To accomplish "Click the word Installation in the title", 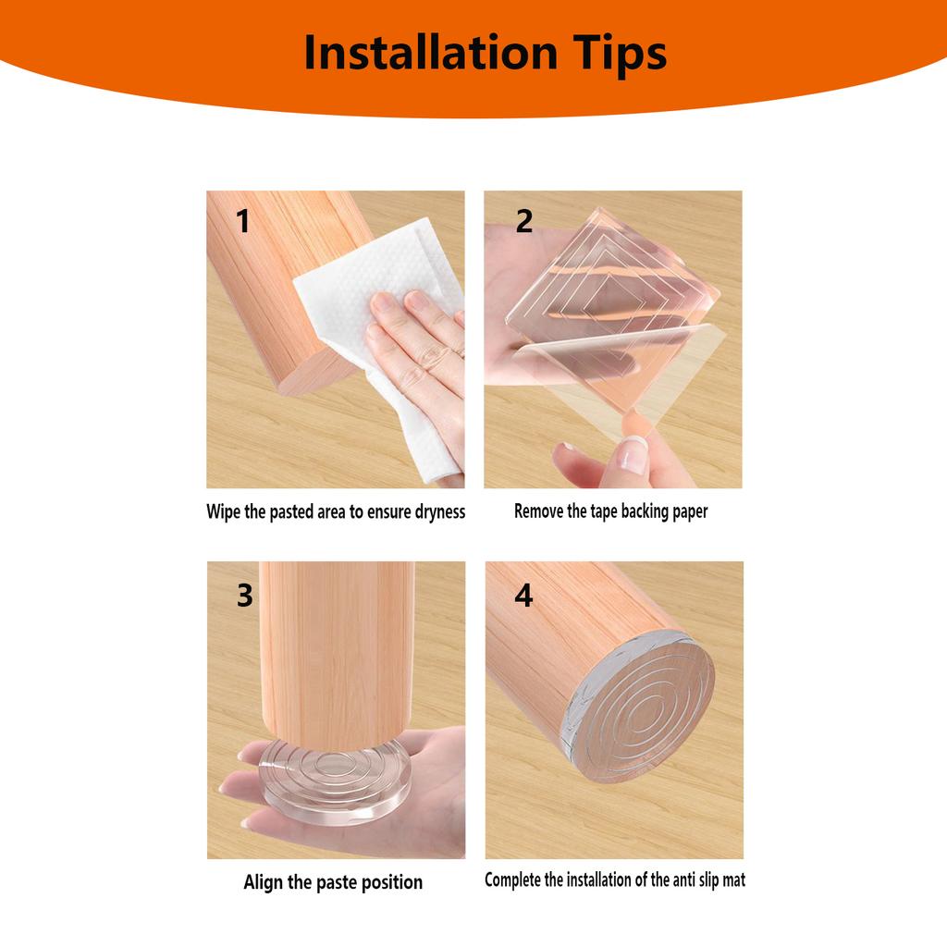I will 425,53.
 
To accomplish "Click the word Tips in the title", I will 614,53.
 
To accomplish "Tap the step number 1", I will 242,222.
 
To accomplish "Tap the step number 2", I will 524,222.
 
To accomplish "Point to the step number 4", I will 523,596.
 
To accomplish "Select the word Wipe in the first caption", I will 223,511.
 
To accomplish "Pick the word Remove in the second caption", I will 538,511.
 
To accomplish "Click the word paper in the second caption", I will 687,511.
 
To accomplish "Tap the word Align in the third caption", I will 264,882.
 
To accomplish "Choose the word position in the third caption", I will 389,882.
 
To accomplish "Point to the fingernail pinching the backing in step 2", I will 633,455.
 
